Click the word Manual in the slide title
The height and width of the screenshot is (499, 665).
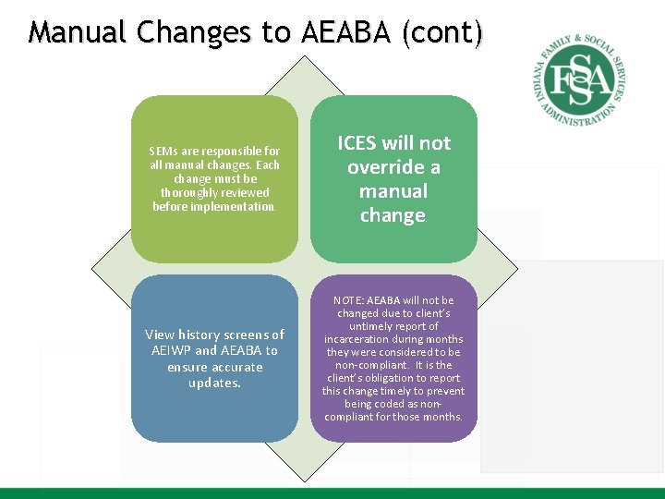point(78,33)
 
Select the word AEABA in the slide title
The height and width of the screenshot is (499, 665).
point(344,33)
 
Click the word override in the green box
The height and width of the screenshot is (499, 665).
point(381,167)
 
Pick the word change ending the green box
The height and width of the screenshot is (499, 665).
point(393,215)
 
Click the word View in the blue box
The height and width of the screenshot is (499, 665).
point(161,335)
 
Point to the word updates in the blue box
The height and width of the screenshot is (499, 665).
point(214,383)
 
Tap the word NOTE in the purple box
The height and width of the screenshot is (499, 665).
point(348,300)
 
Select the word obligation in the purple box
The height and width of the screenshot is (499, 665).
point(393,378)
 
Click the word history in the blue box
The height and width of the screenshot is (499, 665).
point(202,335)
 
